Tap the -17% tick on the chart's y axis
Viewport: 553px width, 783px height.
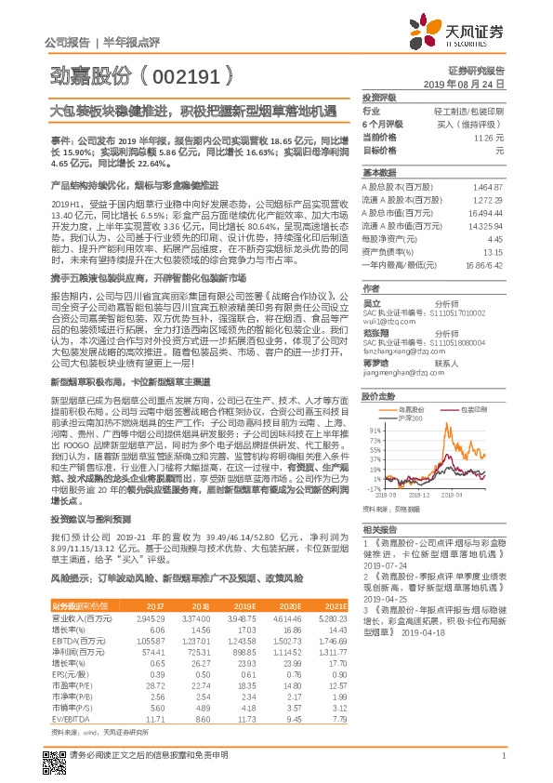(373, 487)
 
